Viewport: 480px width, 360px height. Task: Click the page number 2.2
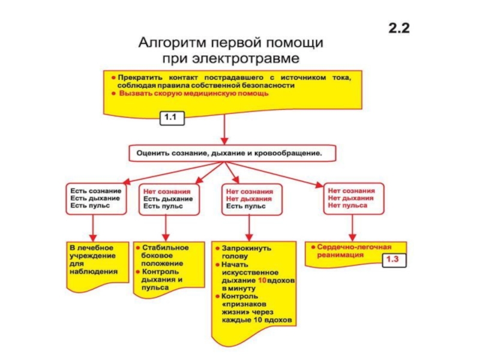click(399, 28)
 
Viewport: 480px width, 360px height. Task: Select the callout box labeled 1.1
click(172, 118)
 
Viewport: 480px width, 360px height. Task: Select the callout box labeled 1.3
click(394, 260)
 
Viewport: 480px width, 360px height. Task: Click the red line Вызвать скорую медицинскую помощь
click(194, 94)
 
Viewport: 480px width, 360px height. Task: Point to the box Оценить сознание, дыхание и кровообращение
click(232, 153)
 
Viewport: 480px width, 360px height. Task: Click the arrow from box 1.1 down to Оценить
click(224, 129)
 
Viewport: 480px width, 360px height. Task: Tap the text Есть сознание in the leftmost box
click(96, 191)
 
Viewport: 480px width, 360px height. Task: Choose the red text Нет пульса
click(347, 205)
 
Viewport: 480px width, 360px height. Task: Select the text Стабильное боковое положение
click(165, 256)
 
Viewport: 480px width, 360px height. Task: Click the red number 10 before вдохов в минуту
click(262, 280)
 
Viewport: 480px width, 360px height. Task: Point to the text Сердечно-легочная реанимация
click(354, 251)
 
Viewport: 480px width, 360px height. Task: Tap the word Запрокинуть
click(246, 248)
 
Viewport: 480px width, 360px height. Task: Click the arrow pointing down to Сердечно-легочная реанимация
click(352, 228)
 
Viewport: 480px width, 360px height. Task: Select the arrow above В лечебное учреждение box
click(93, 228)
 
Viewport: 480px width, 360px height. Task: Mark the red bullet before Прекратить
click(113, 78)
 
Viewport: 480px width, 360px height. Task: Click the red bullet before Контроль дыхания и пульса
click(138, 272)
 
